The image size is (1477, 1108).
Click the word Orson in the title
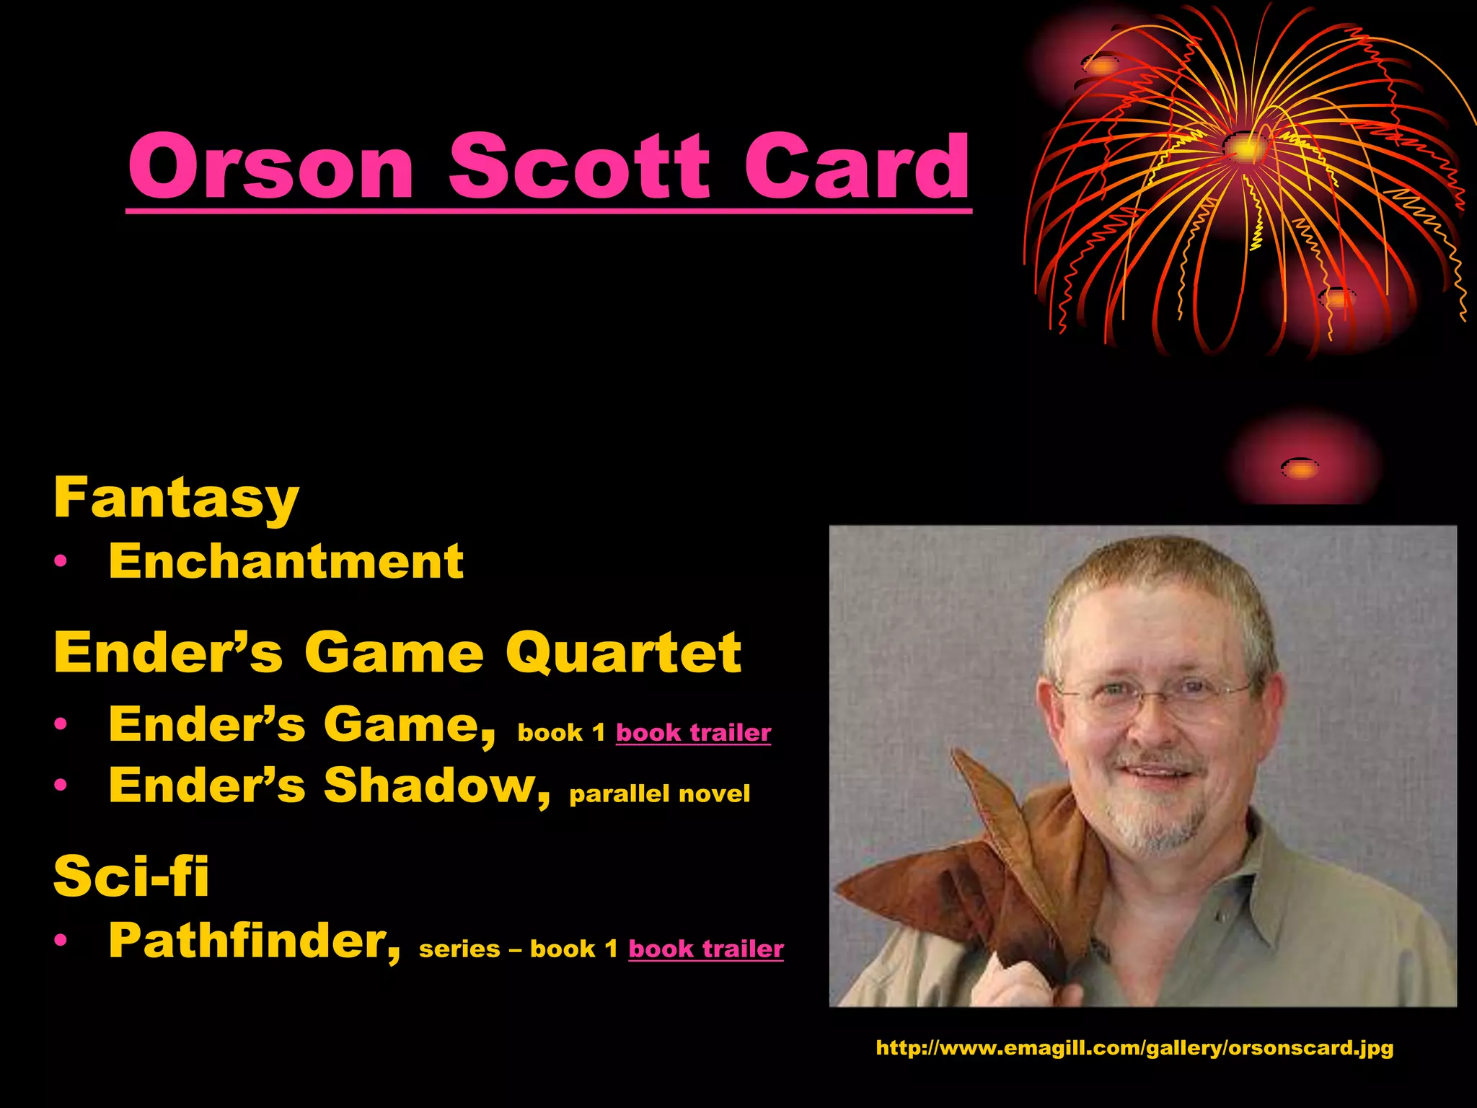(270, 167)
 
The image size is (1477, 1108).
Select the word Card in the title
(857, 167)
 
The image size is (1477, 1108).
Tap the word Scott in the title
(579, 167)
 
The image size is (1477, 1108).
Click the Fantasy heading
(176, 498)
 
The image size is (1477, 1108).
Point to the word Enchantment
(286, 561)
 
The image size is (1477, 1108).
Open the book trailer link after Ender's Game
(693, 733)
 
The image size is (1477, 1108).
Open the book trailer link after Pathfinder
(705, 949)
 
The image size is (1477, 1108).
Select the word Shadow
(435, 785)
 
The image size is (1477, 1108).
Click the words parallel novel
(659, 794)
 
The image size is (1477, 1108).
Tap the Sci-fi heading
(131, 876)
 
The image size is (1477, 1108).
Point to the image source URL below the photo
(1134, 1047)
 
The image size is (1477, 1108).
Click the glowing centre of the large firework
(1245, 148)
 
